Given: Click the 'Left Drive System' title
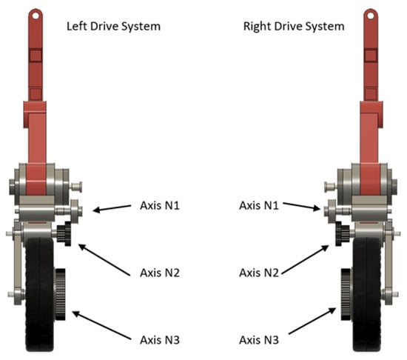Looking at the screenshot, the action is click(113, 27).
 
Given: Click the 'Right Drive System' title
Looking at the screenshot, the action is click(294, 27).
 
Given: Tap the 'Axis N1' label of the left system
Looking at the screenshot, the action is click(160, 205).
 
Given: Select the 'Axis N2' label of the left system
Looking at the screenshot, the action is click(160, 273).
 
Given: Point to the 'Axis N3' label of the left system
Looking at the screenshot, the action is click(160, 340).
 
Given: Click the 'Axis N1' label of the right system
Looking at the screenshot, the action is click(259, 205).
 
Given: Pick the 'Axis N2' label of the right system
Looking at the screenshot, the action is click(259, 273).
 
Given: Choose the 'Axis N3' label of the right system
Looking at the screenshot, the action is click(259, 340).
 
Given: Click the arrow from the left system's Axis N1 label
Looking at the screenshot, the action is click(112, 208).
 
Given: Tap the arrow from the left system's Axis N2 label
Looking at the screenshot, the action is click(104, 260).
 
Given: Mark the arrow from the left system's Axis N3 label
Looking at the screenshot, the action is click(101, 325).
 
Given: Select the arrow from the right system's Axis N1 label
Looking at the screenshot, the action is click(302, 206).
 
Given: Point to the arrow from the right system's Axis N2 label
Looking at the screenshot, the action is click(305, 259).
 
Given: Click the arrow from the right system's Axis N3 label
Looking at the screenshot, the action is click(312, 321).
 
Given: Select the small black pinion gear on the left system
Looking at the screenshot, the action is click(64, 233).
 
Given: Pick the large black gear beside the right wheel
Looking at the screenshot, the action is click(346, 294).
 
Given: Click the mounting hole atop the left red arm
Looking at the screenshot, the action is click(36, 16).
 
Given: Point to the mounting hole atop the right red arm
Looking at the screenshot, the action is click(371, 16).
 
